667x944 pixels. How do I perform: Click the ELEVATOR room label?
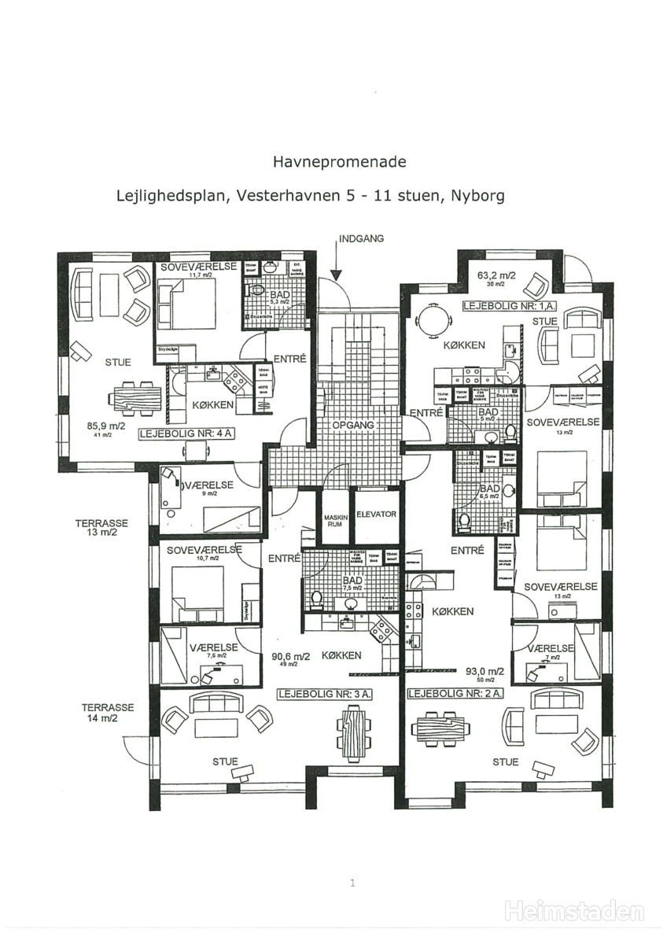coord(376,515)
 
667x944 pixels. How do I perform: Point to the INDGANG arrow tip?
coord(336,278)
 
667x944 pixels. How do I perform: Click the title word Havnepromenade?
coord(340,162)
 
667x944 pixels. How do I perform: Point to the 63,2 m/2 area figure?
coord(496,276)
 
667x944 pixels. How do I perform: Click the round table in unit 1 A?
coord(433,319)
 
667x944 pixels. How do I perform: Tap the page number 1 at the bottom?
coord(352,883)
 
